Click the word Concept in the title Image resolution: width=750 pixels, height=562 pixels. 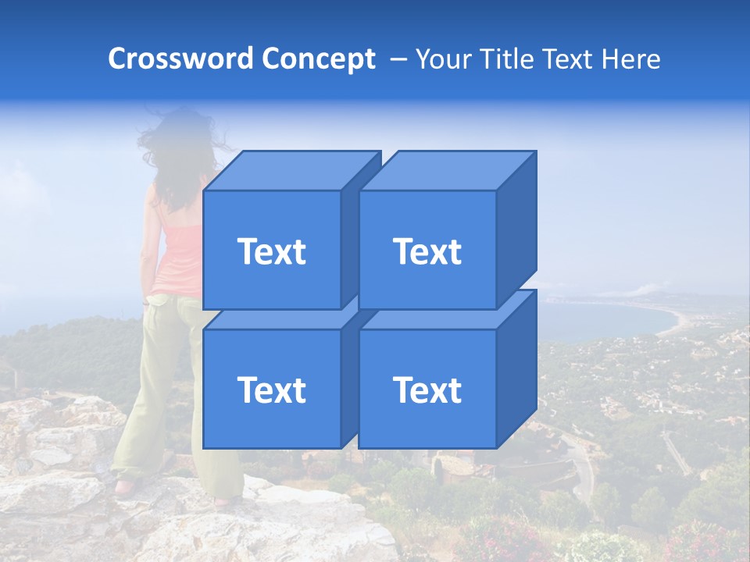pyautogui.click(x=318, y=59)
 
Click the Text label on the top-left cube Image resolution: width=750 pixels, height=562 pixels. pyautogui.click(x=272, y=251)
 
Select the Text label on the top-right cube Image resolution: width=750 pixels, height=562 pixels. pyautogui.click(x=427, y=251)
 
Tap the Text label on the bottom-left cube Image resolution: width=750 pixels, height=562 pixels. pyautogui.click(x=272, y=389)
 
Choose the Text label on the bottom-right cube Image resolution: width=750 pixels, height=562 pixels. pyautogui.click(x=427, y=389)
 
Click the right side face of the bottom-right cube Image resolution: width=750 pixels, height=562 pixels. pyautogui.click(x=516, y=370)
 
